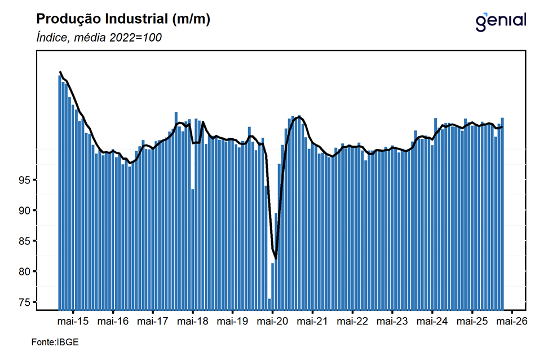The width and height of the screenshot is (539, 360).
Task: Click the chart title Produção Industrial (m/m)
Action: (123, 19)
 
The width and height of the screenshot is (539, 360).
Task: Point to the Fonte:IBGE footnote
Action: (55, 342)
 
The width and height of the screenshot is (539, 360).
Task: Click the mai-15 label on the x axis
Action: (73, 321)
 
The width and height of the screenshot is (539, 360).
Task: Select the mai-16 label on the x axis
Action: (113, 321)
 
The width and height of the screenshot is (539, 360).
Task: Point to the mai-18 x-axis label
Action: (193, 321)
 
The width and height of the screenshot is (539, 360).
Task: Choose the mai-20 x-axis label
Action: (272, 321)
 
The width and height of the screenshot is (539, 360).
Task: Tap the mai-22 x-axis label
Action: (352, 321)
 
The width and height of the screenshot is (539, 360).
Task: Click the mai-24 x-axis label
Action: (432, 321)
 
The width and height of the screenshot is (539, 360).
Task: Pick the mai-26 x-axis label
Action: (511, 321)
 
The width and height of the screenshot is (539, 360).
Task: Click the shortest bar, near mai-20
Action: (269, 304)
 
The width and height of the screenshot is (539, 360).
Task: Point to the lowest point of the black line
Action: (276, 258)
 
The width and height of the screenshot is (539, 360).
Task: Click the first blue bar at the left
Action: (59, 192)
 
